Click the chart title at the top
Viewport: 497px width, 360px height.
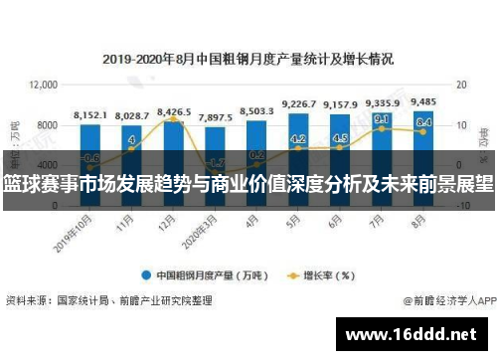pos(248,57)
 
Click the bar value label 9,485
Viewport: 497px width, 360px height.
pos(421,102)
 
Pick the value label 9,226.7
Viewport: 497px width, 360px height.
pos(299,104)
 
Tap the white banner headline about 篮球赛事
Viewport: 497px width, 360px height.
pos(248,183)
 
